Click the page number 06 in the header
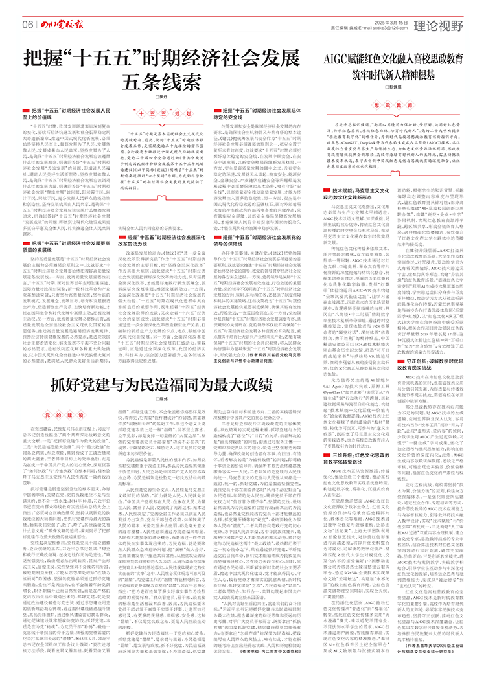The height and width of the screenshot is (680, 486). pos(28,23)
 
